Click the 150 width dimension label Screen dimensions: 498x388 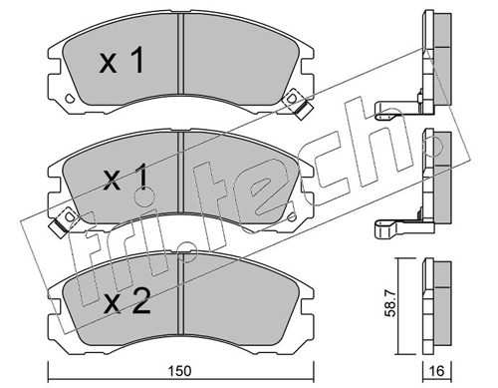[x=181, y=371]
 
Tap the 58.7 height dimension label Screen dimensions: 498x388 [x=391, y=302]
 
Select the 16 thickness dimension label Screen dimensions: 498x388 [x=436, y=371]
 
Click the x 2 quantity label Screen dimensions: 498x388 [x=126, y=301]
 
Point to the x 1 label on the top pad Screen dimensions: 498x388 [x=122, y=60]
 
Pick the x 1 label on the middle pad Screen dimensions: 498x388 [x=125, y=178]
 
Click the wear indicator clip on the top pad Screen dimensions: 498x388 [x=298, y=104]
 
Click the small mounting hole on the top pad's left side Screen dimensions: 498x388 [x=70, y=98]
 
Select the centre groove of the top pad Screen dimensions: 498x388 [x=181, y=54]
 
